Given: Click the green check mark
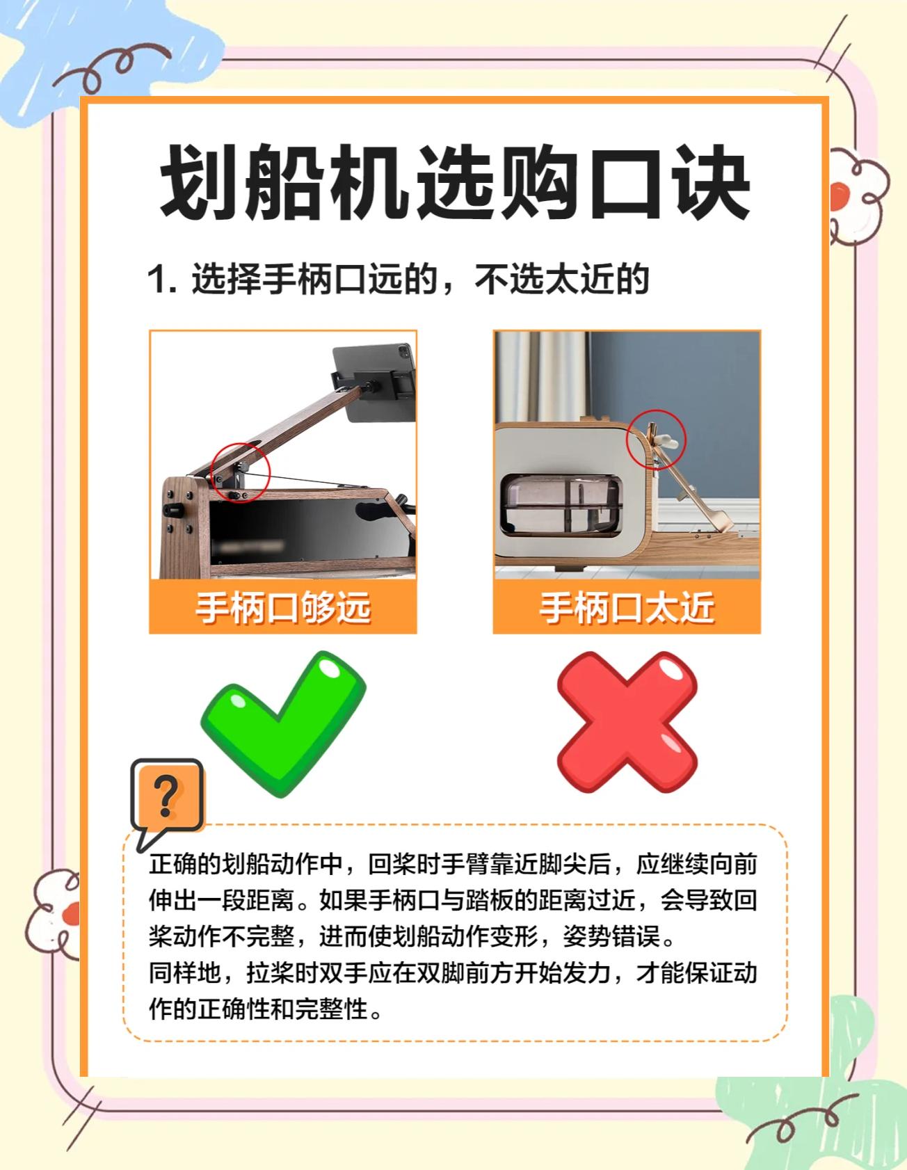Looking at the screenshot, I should (x=282, y=723).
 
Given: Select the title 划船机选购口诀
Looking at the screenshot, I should (x=456, y=182).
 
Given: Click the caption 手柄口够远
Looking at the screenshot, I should (x=282, y=607).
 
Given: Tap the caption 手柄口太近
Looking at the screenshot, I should (x=627, y=607).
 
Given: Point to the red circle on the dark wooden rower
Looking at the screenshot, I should (x=240, y=471).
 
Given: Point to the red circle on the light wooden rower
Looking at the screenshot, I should (x=656, y=439).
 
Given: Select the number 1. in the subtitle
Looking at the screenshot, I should (x=162, y=280).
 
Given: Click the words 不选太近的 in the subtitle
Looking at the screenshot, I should (x=562, y=280).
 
